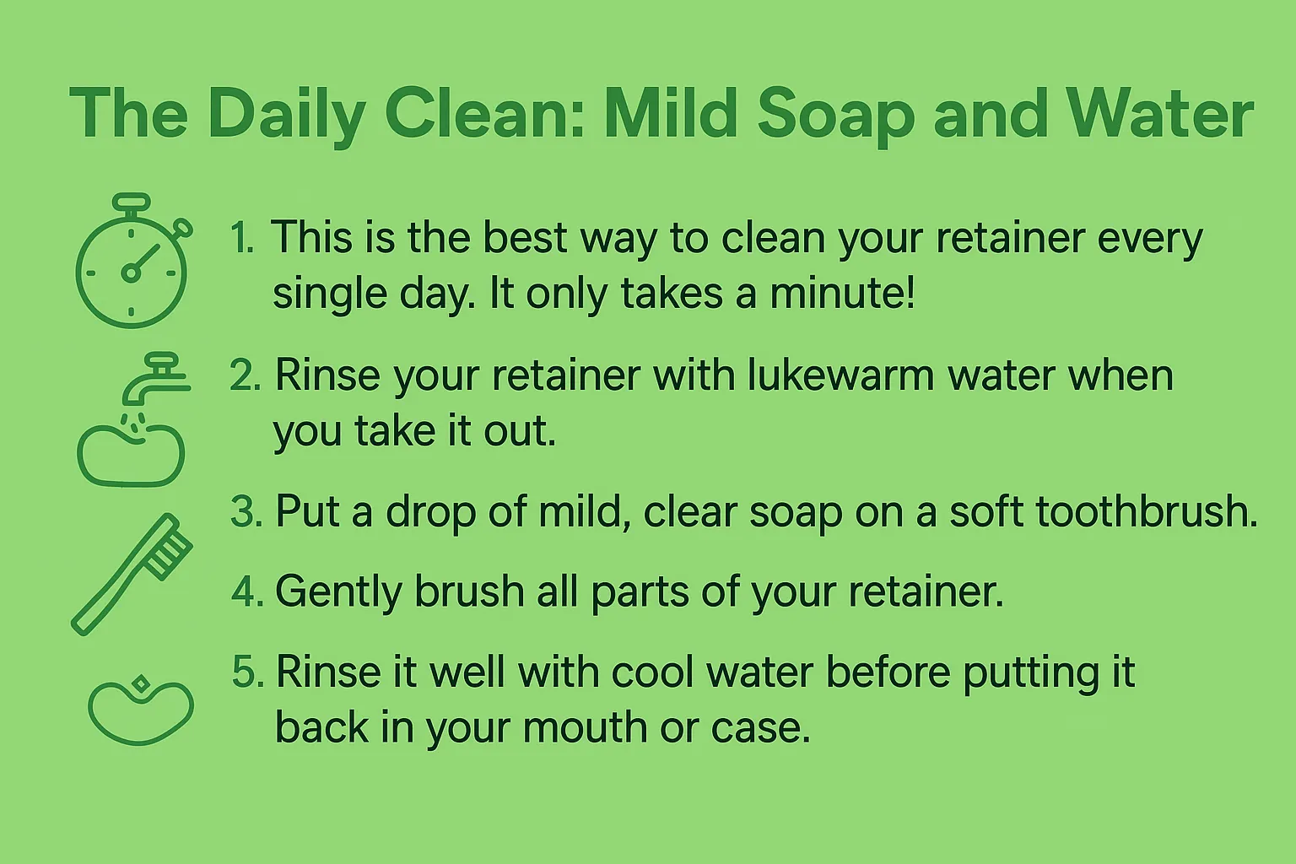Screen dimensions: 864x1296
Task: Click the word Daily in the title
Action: click(x=287, y=114)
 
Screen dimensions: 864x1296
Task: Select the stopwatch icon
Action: click(x=132, y=265)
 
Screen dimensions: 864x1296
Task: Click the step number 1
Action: click(x=242, y=238)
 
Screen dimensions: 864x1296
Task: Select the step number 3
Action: click(x=246, y=512)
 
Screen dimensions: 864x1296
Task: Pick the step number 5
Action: click(x=247, y=672)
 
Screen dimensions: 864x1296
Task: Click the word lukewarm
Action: click(x=840, y=375)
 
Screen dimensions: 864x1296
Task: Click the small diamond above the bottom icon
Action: click(x=141, y=683)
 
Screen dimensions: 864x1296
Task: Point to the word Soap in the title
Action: click(x=835, y=114)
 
